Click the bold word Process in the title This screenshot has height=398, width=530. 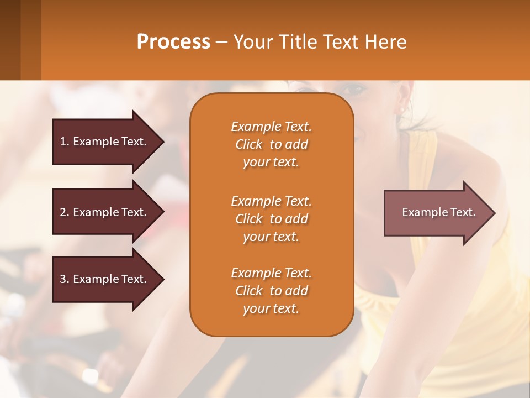coord(173,42)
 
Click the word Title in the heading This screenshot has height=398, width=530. coord(295,42)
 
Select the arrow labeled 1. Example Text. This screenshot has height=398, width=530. coord(105,142)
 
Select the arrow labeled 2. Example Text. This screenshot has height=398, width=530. coord(105,212)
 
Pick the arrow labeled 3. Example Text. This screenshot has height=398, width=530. coord(105,279)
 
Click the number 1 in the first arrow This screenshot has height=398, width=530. coord(63,142)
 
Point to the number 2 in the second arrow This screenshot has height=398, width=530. coord(63,212)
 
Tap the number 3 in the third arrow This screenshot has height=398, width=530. coord(63,279)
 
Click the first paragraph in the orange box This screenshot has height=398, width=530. coord(271,144)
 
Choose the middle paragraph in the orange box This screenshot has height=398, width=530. coord(271,219)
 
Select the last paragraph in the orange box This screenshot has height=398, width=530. coord(271,291)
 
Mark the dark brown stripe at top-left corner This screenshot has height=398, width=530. coord(10,40)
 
